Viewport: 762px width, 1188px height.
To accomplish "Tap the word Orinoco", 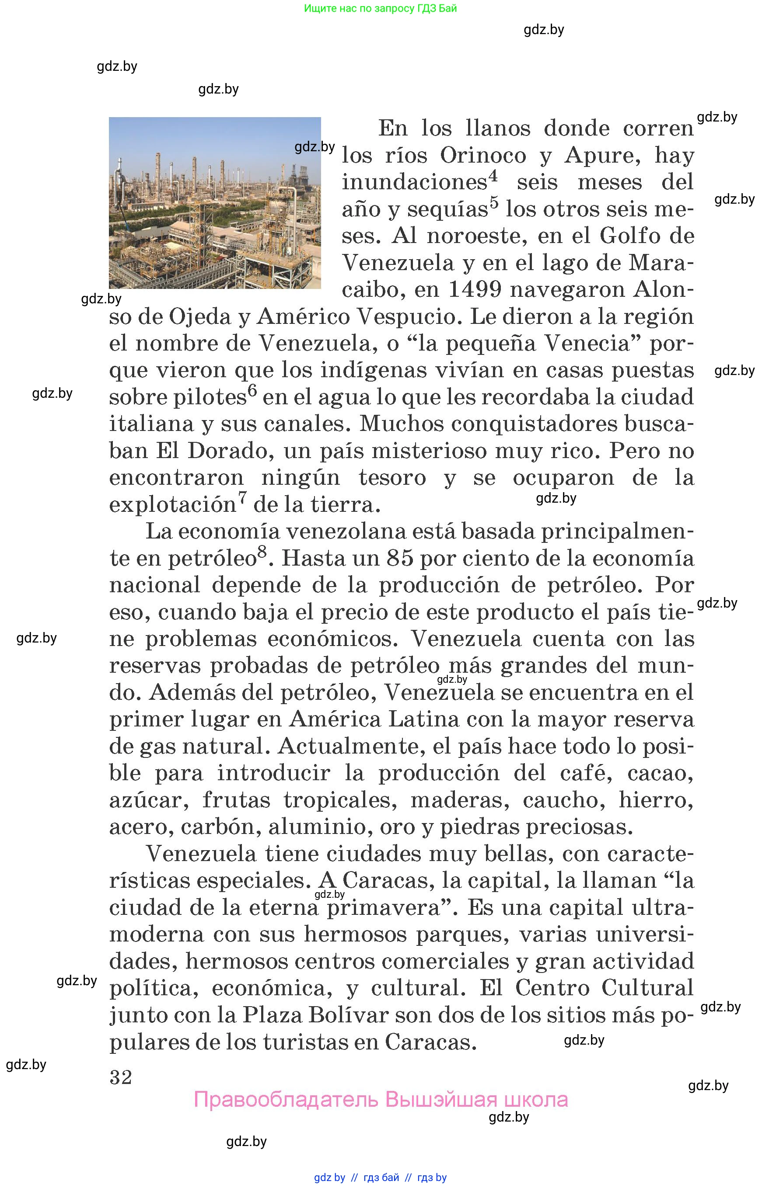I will (483, 156).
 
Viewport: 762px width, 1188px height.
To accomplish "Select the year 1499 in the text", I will (475, 290).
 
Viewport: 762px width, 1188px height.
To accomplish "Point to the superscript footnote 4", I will (493, 176).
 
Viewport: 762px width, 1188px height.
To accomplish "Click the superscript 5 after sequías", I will (494, 203).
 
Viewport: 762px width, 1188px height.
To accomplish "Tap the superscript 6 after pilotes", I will (252, 391).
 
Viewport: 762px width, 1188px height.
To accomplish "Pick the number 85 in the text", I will (400, 559).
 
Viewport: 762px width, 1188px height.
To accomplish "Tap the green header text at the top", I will (380, 8).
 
